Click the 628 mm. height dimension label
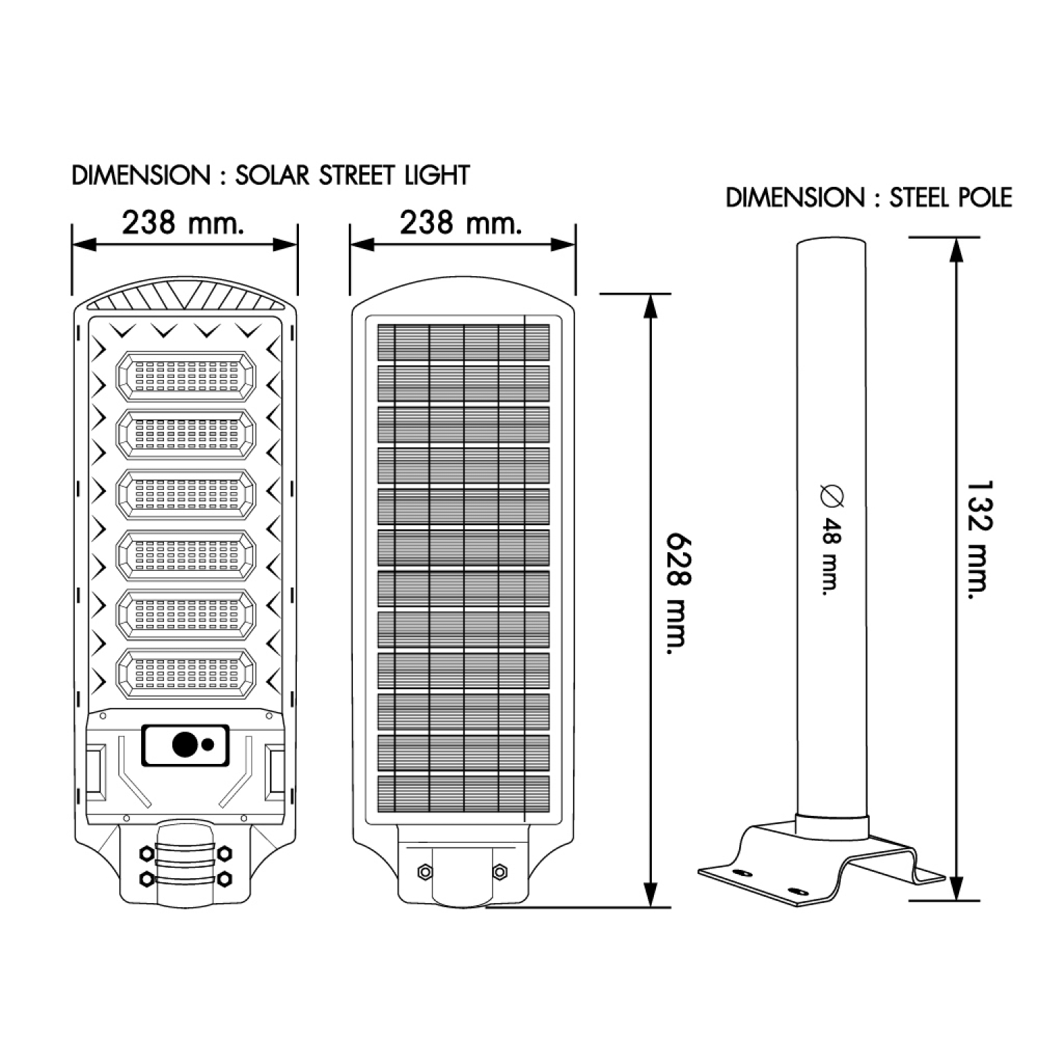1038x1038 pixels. click(677, 593)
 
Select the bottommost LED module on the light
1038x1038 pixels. click(185, 673)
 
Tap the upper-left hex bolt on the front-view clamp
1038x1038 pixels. click(147, 853)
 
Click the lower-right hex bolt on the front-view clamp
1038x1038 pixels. click(224, 878)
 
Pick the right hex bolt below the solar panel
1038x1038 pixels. click(500, 871)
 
